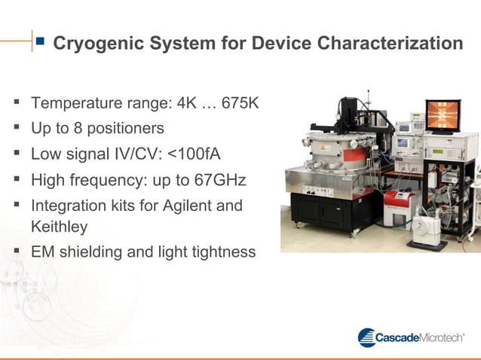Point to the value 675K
(240, 102)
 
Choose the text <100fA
(194, 154)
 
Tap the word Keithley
(60, 226)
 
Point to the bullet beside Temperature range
(16, 102)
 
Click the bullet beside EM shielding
(16, 252)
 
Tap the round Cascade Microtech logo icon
(366, 337)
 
